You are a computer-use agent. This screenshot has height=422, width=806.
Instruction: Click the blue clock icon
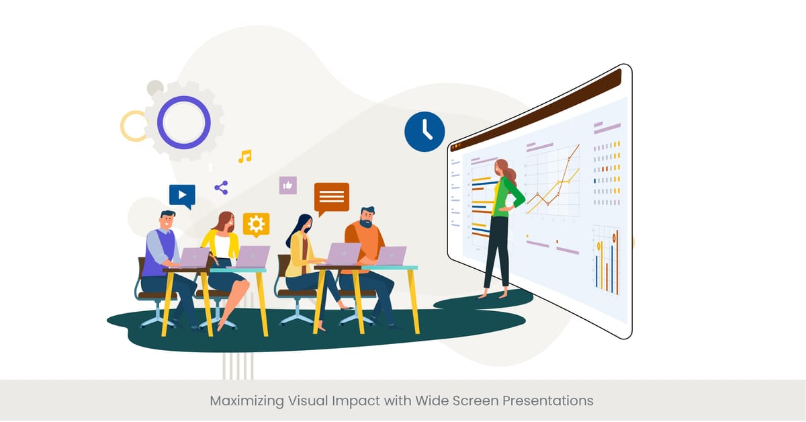tap(424, 131)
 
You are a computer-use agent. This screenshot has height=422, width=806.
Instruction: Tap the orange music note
tap(245, 157)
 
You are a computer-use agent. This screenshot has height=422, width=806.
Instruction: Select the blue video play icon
tap(182, 195)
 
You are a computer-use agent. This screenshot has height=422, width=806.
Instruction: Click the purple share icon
tap(221, 187)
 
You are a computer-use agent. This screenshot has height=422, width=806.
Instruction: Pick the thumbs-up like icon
tap(288, 185)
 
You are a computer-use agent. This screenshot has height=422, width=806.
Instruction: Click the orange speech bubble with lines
tap(332, 197)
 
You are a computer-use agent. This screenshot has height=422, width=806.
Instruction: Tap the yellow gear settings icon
tap(256, 224)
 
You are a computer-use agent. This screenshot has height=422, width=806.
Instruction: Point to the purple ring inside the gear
tap(183, 122)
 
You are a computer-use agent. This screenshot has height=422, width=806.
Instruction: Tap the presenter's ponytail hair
tap(512, 175)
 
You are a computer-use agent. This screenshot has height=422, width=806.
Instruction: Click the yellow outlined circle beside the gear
tap(133, 126)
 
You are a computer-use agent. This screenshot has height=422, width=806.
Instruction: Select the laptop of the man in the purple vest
tap(193, 257)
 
